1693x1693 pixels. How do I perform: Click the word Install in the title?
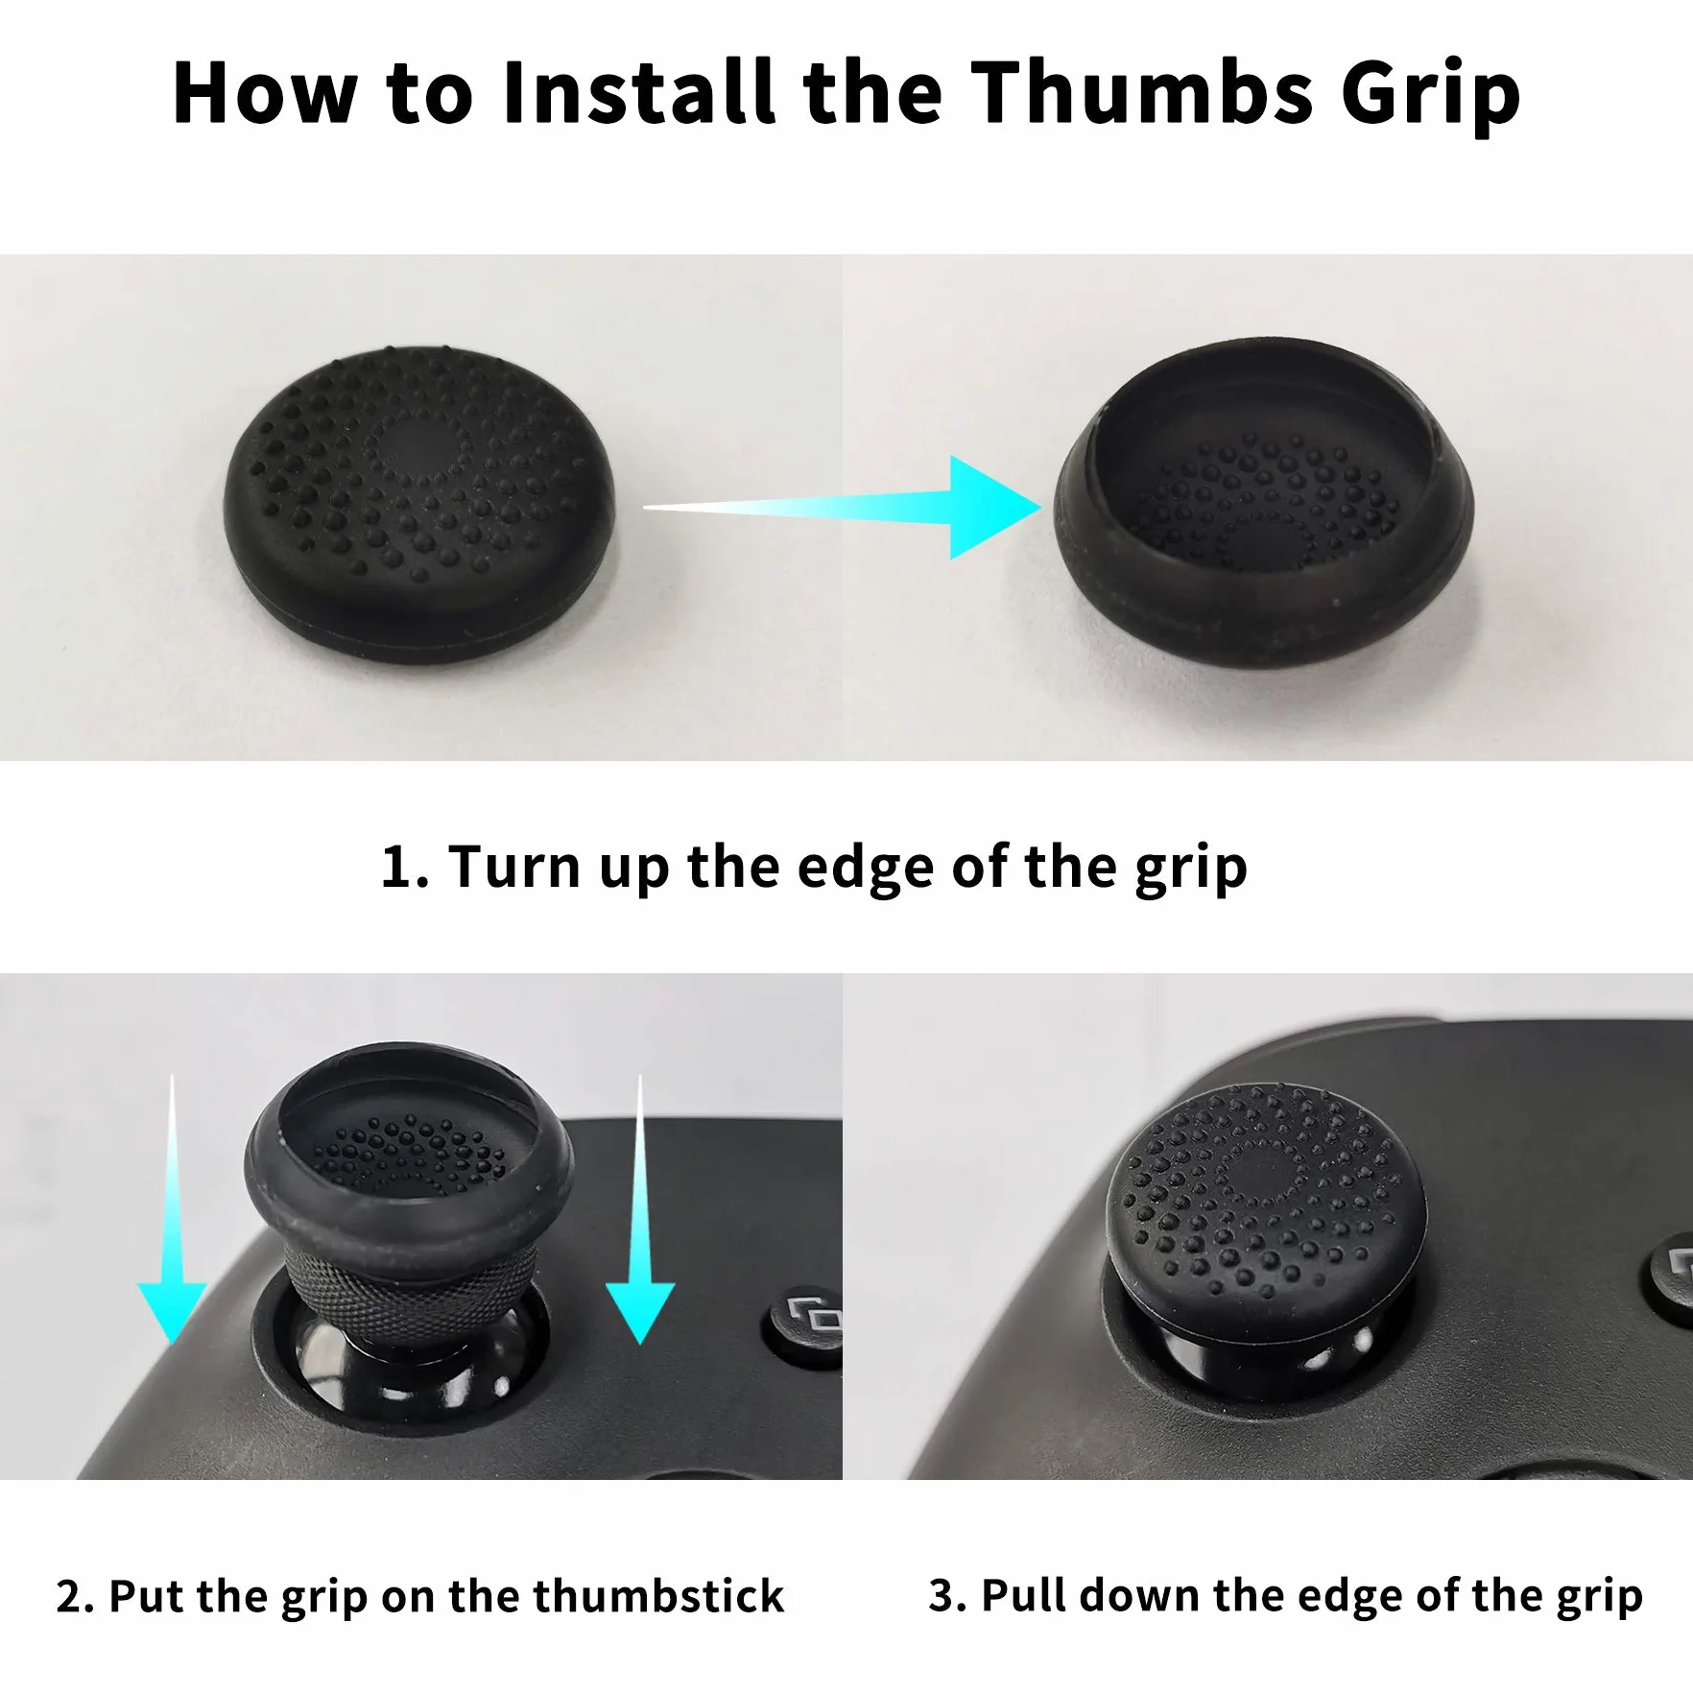coord(638,92)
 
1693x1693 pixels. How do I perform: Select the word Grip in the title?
coord(1431,96)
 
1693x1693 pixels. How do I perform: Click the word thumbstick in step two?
coord(658,1596)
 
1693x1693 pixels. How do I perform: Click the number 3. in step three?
coord(948,1596)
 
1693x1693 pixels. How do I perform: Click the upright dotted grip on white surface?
coord(419,504)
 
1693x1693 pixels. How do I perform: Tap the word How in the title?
coord(265,92)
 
